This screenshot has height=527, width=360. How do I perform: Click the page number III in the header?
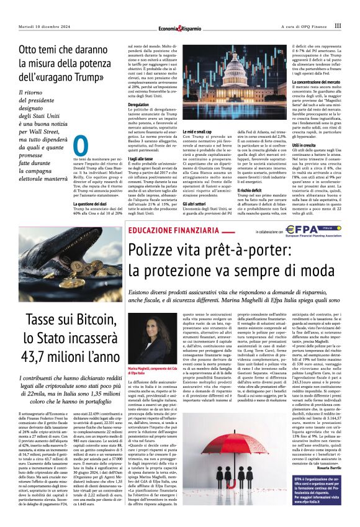(337, 26)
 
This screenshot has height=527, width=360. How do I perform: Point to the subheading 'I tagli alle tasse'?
(140, 159)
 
